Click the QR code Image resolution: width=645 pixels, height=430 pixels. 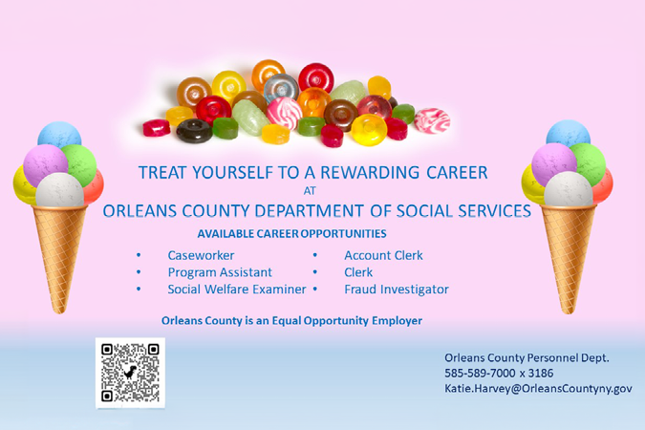pos(130,373)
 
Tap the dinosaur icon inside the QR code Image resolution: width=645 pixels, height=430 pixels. pos(130,373)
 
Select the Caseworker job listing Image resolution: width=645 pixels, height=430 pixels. pos(201,255)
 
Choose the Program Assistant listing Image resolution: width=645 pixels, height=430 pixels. pos(220,272)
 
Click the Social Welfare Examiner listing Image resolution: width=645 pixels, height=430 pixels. pos(237,290)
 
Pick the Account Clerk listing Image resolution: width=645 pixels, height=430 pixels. pos(383,255)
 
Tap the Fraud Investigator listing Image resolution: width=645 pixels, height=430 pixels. pos(397,290)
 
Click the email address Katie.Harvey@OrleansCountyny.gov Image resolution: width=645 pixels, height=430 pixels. pos(538,389)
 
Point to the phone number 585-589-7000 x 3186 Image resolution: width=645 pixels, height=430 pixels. pos(499,374)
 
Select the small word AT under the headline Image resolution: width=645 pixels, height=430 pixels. pos(310,191)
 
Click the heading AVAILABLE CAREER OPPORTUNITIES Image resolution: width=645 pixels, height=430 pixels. pos(291,234)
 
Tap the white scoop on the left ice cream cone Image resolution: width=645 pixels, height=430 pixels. pos(59,190)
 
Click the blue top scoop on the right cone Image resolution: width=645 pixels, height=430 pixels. pos(569,133)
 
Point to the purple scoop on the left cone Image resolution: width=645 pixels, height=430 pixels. pos(44,163)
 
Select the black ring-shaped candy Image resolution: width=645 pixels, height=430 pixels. pos(195,131)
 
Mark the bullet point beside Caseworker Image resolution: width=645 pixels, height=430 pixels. pos(139,255)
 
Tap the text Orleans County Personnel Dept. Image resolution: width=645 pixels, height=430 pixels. pos(527,358)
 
